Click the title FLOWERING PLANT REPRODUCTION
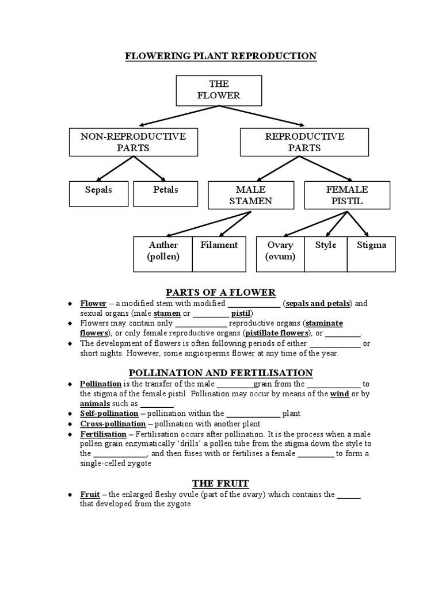click(221, 56)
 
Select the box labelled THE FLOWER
click(219, 90)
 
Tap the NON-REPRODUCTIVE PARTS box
click(133, 142)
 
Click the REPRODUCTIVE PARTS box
click(304, 142)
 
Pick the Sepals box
click(99, 194)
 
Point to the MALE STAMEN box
click(250, 195)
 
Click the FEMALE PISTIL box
click(346, 195)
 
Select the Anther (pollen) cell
click(163, 253)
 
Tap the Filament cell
click(219, 253)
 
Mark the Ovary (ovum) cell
click(280, 253)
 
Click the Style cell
click(326, 253)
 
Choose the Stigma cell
click(371, 253)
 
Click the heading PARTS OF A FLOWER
click(221, 292)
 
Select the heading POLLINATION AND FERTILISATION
click(221, 373)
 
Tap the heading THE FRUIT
click(221, 483)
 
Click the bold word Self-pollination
click(109, 414)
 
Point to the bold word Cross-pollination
click(113, 424)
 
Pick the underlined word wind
click(340, 394)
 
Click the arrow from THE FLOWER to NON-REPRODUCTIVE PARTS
click(158, 116)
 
